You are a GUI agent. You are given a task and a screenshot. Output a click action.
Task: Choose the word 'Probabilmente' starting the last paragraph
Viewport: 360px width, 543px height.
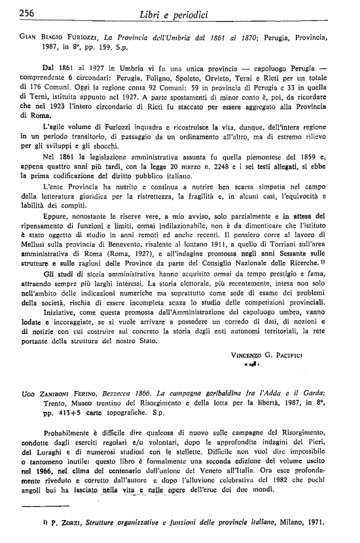pyautogui.click(x=74, y=434)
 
